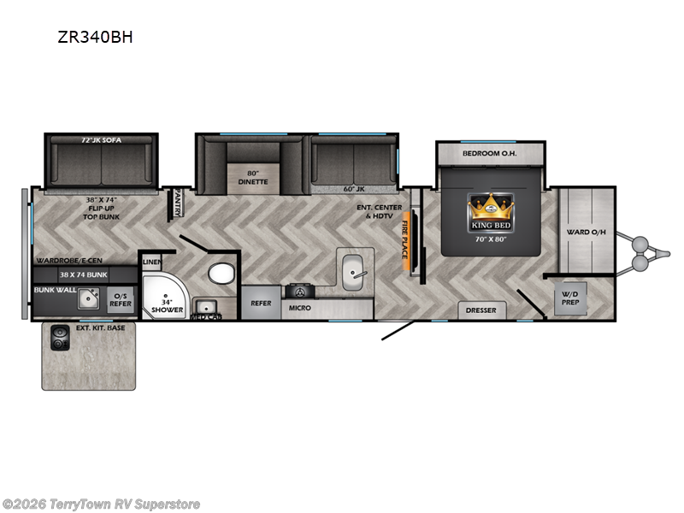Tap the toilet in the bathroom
tap(221, 273)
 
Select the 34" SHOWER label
tap(167, 305)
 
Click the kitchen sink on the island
tap(352, 268)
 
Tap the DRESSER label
tap(481, 310)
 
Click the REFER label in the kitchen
tap(261, 304)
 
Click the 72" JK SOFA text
tap(101, 139)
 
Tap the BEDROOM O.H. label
tap(490, 154)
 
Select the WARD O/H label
tap(587, 232)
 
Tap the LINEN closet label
tap(151, 262)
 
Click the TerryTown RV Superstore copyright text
tap(101, 504)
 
